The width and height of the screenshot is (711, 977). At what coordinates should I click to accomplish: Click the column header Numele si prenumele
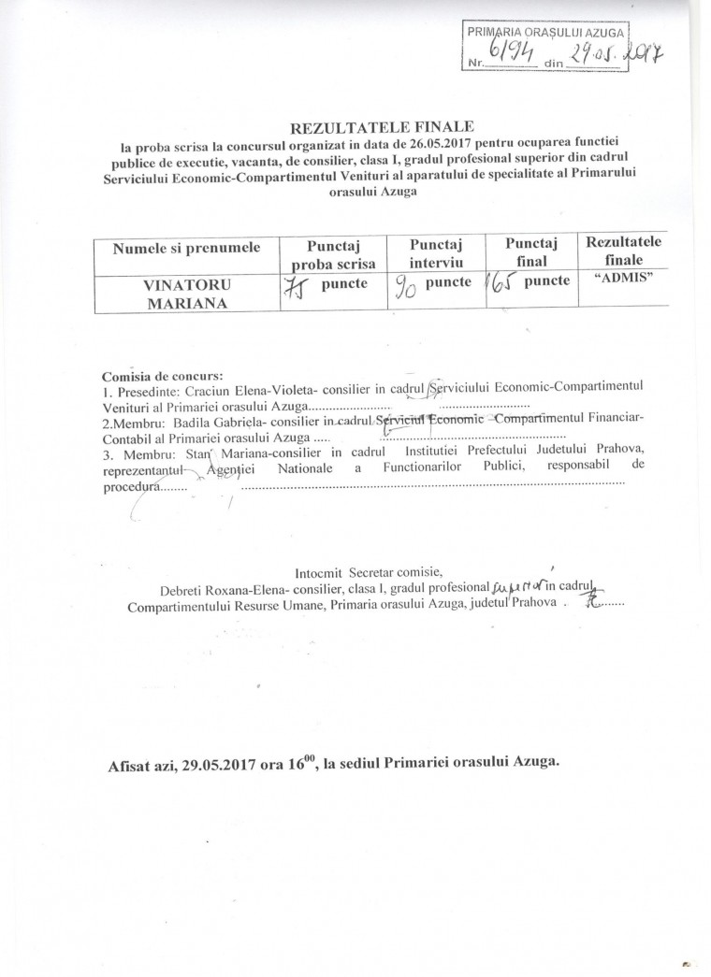pos(185,248)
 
